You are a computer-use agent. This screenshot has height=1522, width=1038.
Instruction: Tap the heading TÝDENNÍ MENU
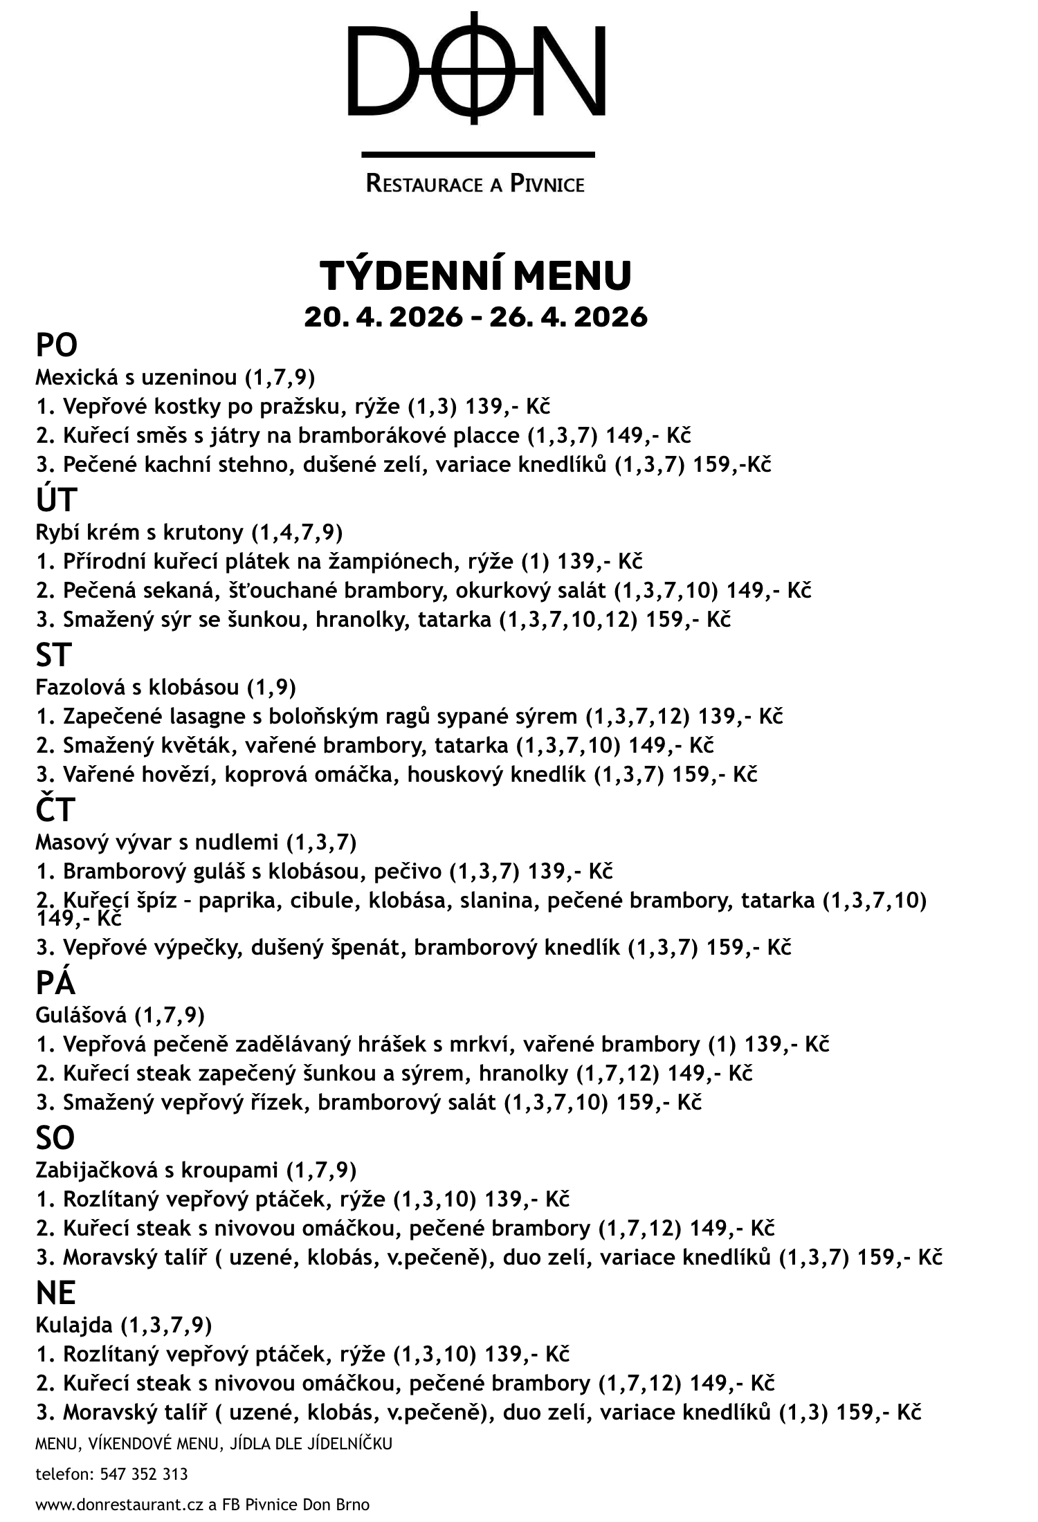(475, 275)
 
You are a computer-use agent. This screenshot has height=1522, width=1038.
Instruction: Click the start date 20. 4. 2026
(383, 317)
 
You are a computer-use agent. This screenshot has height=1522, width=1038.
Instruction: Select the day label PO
(57, 345)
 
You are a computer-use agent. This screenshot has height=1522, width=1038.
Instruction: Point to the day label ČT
(55, 810)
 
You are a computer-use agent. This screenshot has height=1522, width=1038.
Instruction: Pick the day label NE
(56, 1292)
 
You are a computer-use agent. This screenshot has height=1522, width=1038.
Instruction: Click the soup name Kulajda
(74, 1325)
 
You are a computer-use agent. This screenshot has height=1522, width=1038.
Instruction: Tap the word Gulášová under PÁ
(81, 1015)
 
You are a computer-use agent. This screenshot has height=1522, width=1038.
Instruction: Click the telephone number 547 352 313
(144, 1474)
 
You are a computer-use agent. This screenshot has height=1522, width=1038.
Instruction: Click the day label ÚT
(56, 499)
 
